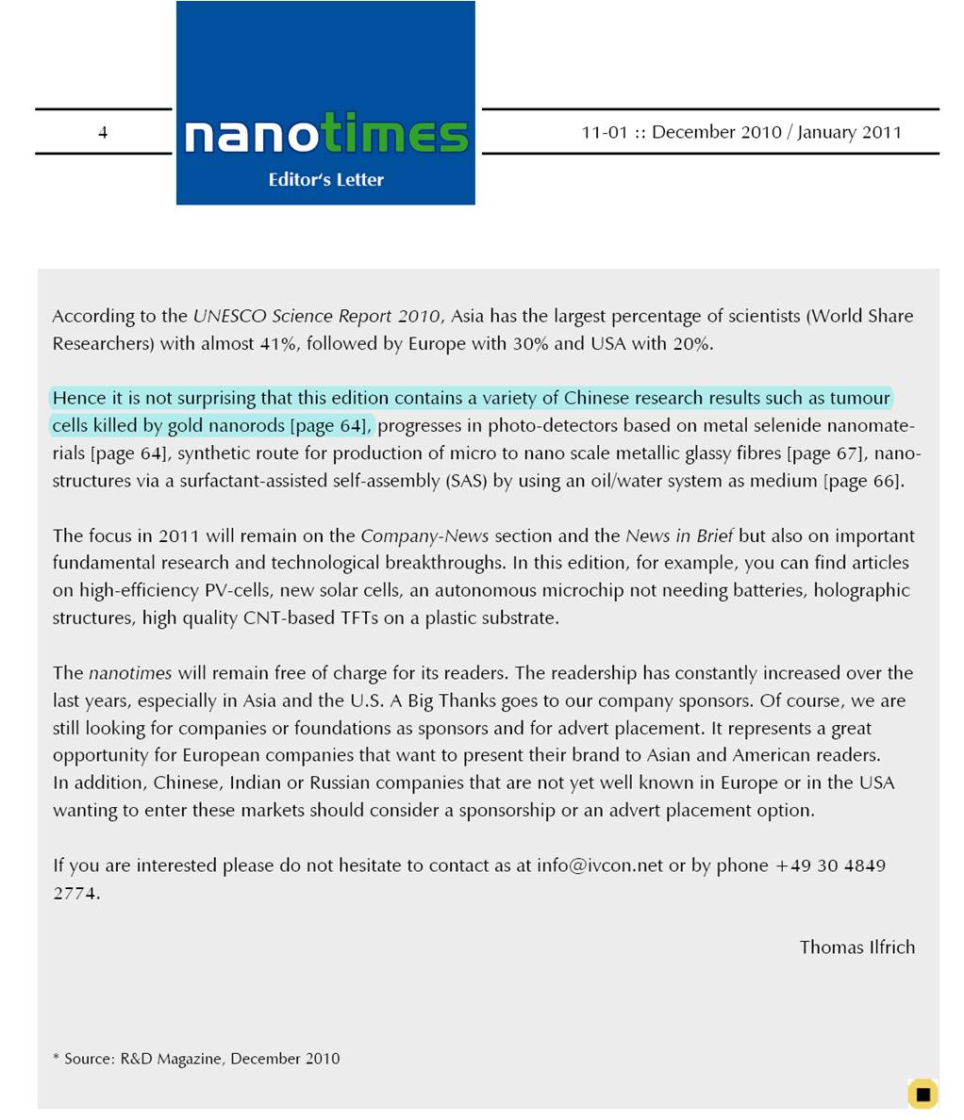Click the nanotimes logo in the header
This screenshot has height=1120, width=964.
[325, 135]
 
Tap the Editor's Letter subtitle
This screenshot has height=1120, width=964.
[325, 180]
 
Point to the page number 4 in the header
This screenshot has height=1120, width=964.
[103, 133]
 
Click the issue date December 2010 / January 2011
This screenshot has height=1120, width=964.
[741, 132]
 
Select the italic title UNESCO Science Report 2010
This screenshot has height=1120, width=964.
[316, 316]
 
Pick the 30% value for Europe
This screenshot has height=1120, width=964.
[530, 343]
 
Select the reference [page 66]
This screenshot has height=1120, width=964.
[863, 481]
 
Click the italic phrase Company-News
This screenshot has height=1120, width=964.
[424, 536]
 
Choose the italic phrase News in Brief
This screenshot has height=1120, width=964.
[679, 536]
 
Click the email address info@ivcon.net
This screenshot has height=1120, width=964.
[600, 865]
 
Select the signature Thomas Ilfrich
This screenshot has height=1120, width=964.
[856, 947]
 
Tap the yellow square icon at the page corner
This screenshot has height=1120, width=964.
[922, 1094]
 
